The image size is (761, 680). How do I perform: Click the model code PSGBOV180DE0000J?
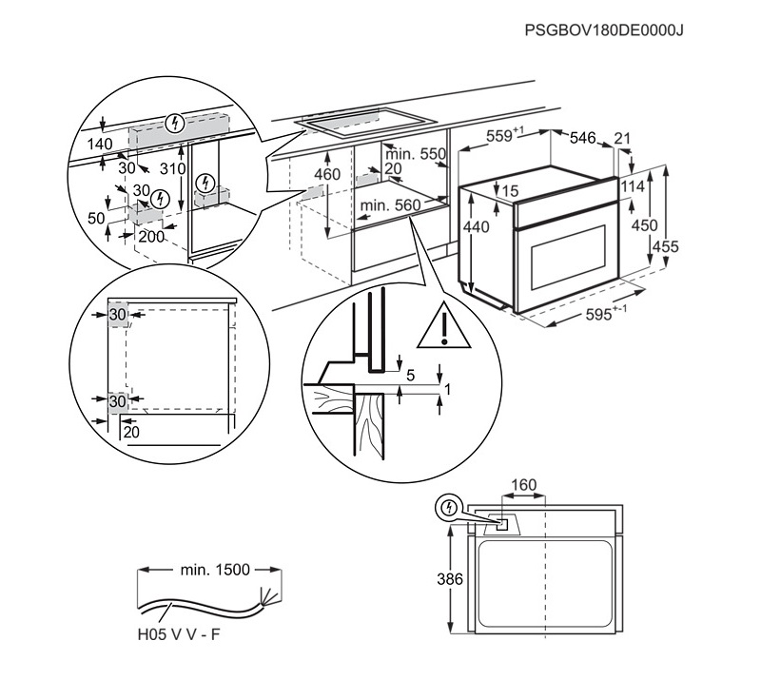point(604,29)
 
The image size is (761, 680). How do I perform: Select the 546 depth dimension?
point(582,139)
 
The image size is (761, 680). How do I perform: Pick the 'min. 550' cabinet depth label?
point(416,154)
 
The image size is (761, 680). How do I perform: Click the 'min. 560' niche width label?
point(390,204)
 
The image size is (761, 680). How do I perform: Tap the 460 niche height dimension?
point(327,175)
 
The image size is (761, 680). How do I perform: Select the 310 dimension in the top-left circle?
point(172,168)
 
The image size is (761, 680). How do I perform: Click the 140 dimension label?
point(99,144)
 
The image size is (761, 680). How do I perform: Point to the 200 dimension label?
point(151,236)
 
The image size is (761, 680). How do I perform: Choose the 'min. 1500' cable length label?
point(214,570)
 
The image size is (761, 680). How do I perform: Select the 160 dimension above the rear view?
point(524,486)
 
